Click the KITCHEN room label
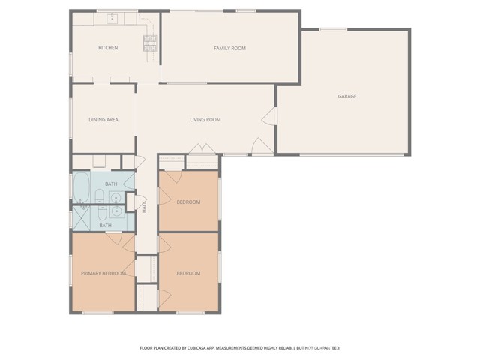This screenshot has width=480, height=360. click(108, 48)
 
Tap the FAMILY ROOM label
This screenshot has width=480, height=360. click(229, 48)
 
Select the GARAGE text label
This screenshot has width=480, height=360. click(346, 96)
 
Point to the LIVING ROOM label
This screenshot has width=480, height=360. click(204, 119)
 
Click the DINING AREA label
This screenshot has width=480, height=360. click(103, 119)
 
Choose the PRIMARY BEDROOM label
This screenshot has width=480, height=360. click(103, 273)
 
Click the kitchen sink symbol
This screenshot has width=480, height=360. click(113, 18)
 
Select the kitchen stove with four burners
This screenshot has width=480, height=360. click(149, 44)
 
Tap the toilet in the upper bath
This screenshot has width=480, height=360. click(99, 196)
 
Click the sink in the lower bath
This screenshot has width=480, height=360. click(115, 211)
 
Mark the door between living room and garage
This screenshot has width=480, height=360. click(267, 117)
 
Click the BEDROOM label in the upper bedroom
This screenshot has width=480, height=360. click(188, 202)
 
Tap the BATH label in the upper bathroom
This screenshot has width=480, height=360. click(111, 184)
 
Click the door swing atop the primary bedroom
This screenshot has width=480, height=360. click(115, 238)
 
